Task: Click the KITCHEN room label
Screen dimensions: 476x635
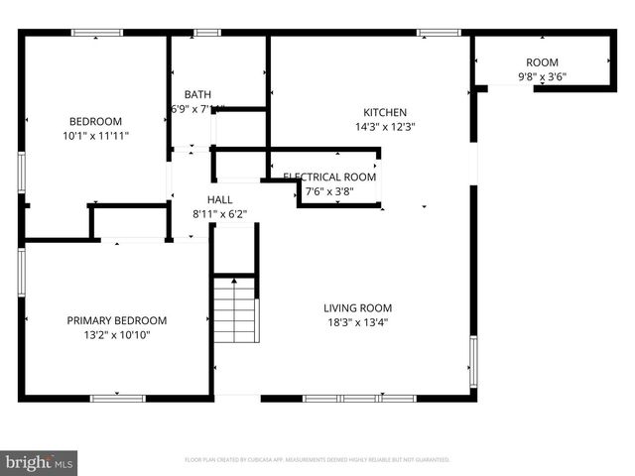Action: tap(385, 112)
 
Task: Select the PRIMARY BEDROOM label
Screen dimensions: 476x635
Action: tap(117, 320)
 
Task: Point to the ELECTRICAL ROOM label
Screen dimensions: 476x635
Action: tap(329, 178)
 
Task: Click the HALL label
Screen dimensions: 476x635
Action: tap(219, 199)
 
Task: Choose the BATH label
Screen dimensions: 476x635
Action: tap(197, 95)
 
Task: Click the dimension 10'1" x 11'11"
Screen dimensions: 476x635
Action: tap(96, 135)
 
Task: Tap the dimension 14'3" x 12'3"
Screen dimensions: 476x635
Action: tap(385, 127)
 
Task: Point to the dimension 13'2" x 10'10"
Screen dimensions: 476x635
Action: tap(117, 335)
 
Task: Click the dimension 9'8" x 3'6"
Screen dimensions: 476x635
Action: tap(542, 76)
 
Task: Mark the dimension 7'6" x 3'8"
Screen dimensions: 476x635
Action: tap(329, 191)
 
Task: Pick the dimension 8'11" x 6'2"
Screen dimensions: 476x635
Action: tap(219, 213)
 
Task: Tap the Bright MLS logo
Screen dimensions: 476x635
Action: tap(40, 462)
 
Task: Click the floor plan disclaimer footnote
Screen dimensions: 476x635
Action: tap(317, 460)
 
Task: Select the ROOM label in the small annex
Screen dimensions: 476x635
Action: tap(542, 62)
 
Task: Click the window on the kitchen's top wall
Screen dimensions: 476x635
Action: tap(439, 33)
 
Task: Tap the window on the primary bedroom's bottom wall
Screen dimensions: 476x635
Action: tap(117, 399)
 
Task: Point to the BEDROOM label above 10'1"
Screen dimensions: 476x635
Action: tap(95, 121)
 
